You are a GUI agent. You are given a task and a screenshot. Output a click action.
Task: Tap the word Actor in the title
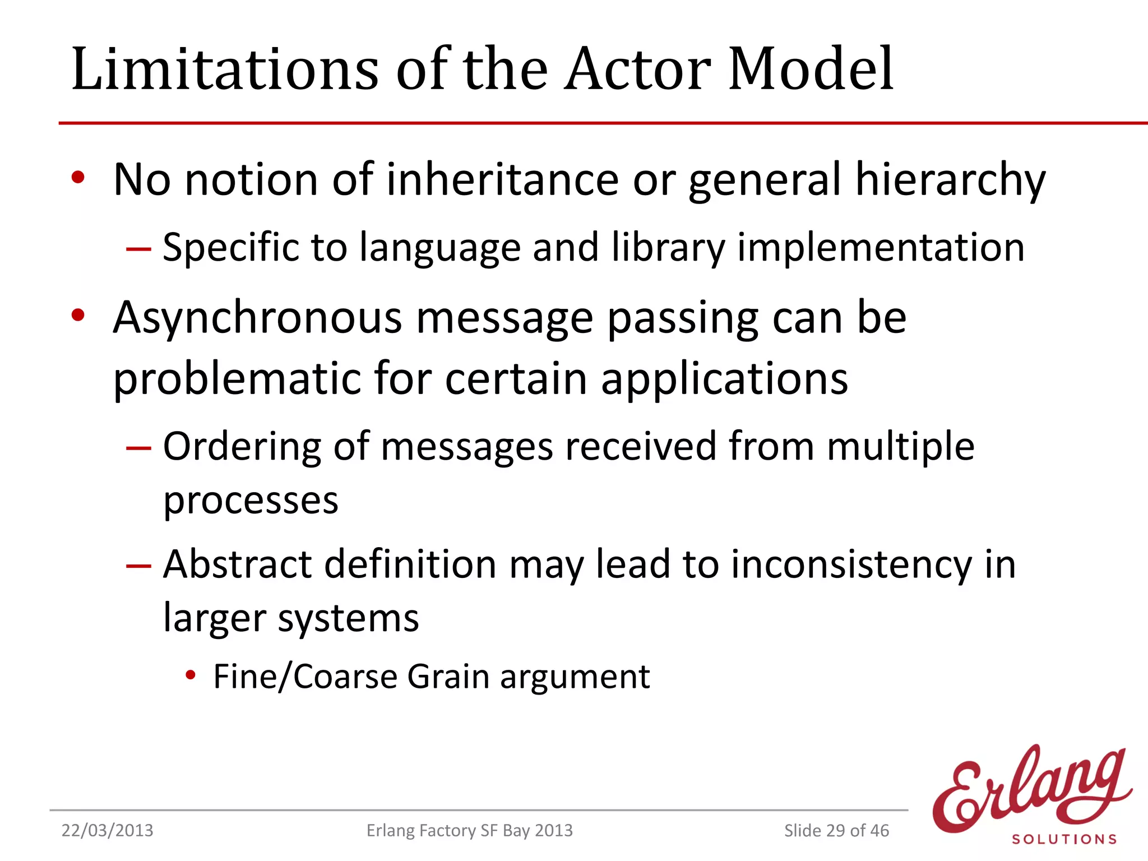tap(637, 70)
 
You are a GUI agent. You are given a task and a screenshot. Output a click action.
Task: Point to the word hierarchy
tap(950, 180)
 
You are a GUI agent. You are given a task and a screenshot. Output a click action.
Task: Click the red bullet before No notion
tap(78, 178)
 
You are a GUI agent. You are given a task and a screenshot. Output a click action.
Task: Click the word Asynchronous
tap(257, 318)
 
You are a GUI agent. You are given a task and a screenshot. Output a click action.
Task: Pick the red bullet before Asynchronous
tap(78, 315)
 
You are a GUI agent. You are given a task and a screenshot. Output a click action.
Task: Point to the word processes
tap(251, 501)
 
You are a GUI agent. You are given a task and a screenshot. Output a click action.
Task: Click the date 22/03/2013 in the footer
tap(107, 830)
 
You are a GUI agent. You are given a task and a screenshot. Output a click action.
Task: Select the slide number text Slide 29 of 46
tap(836, 830)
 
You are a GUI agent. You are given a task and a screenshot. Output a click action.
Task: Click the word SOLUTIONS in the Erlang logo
tap(1064, 839)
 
